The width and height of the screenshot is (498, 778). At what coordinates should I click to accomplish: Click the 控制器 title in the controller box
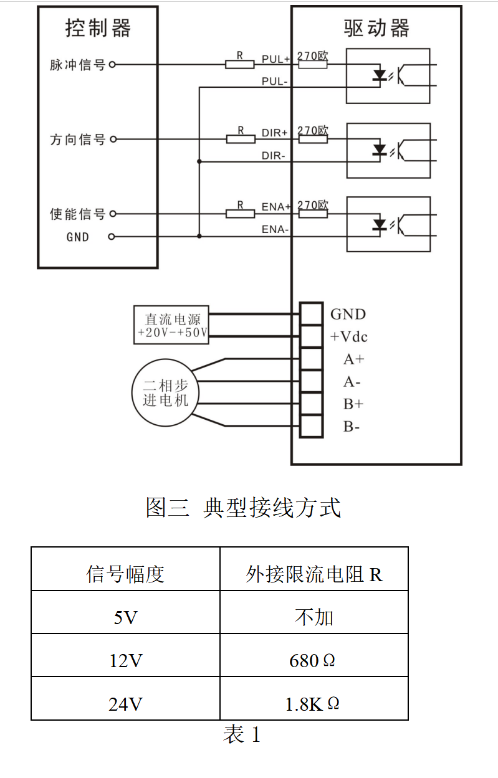tap(98, 28)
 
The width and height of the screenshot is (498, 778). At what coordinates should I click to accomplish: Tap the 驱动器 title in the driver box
tap(376, 28)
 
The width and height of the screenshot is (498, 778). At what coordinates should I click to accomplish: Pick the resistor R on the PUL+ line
tap(240, 64)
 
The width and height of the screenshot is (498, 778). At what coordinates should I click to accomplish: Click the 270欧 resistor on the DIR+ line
tap(312, 139)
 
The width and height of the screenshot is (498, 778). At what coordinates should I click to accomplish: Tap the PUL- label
tap(274, 82)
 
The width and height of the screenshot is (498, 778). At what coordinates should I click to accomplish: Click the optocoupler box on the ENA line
tap(388, 224)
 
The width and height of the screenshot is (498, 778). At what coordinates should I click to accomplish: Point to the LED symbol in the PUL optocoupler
tap(379, 75)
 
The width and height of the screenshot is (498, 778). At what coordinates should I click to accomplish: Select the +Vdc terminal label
tap(348, 337)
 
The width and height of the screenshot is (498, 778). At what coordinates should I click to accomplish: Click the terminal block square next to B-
tap(311, 427)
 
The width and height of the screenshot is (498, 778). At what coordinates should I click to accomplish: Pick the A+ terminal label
tap(353, 359)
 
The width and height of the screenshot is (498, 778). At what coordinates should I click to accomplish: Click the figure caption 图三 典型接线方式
tap(243, 507)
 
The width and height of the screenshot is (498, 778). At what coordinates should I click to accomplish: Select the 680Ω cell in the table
tap(313, 660)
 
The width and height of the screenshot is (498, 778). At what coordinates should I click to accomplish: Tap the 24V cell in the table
tap(125, 704)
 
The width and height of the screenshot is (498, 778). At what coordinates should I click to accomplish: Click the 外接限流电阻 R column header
tap(314, 574)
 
